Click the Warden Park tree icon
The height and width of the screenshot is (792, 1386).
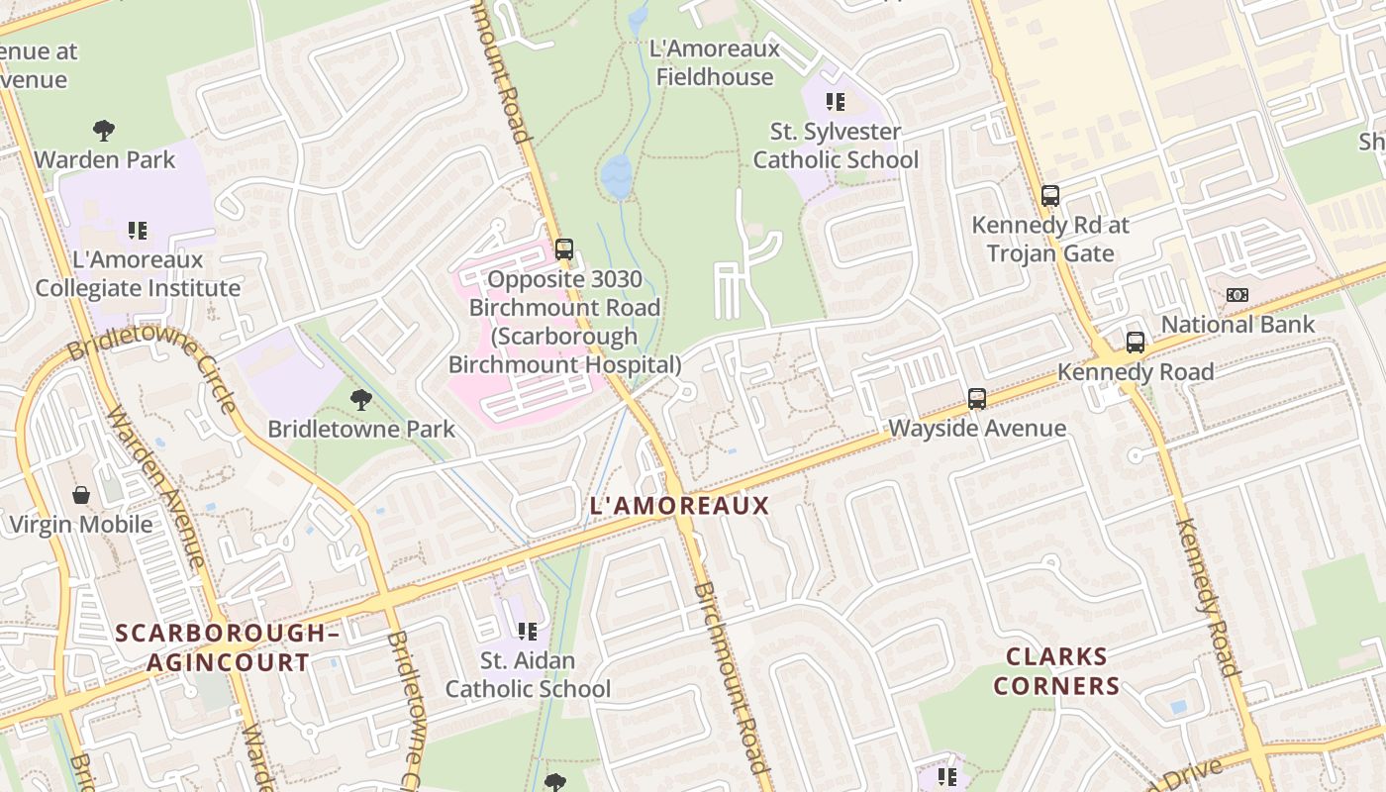click(x=103, y=130)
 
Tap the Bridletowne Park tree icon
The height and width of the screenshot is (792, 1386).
click(x=361, y=400)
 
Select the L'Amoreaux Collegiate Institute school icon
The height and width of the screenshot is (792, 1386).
click(x=137, y=231)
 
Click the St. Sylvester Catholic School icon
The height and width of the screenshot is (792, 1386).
click(x=836, y=101)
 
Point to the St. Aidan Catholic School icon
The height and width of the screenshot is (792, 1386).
click(x=528, y=631)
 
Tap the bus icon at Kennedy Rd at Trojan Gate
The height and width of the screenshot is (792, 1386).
click(x=1050, y=196)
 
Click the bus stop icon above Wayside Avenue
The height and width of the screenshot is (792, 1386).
click(x=977, y=399)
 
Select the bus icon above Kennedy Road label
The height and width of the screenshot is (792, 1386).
click(x=1136, y=343)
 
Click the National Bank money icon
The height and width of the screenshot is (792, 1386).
click(x=1237, y=295)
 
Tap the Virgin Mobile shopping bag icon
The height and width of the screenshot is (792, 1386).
click(x=80, y=495)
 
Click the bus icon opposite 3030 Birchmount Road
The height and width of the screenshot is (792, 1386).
click(x=564, y=249)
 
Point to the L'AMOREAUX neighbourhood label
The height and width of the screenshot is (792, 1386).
click(x=679, y=506)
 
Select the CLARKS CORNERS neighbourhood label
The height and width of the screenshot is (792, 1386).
click(x=1056, y=671)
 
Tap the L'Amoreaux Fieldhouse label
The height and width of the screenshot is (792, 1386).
click(x=714, y=62)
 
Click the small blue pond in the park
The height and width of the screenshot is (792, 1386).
click(x=616, y=176)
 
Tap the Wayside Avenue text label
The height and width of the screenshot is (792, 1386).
click(x=977, y=429)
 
